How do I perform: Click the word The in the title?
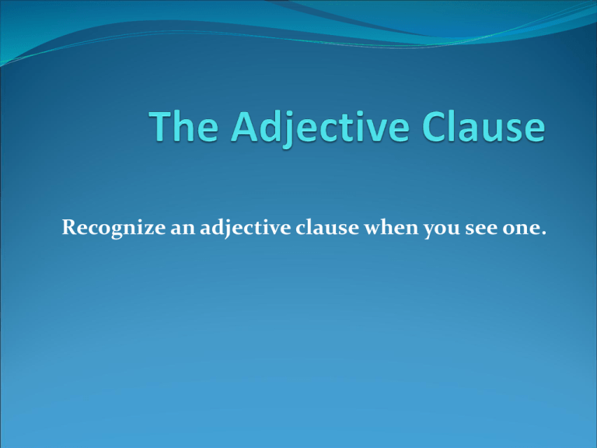183,126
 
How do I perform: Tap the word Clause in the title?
484,126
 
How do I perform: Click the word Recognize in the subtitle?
113,228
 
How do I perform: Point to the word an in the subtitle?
183,229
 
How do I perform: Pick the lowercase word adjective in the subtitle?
246,228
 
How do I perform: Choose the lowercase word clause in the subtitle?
327,227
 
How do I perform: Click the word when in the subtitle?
392,227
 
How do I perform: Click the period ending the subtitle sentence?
543,233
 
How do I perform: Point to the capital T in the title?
160,127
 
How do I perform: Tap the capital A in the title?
244,127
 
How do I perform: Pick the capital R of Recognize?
70,227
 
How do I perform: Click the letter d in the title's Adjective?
270,126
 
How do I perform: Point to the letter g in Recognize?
118,231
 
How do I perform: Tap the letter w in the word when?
373,229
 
